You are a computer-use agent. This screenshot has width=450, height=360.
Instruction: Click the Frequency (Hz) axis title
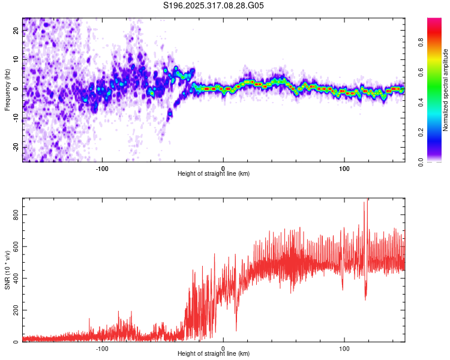(x=7, y=89)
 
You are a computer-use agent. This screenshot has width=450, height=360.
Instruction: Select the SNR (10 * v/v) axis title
(x=7, y=270)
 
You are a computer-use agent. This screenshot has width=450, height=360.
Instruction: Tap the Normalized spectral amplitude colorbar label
(x=446, y=90)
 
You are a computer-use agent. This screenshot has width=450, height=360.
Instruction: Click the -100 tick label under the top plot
(x=102, y=167)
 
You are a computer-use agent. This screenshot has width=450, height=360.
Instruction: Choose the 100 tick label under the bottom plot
(x=344, y=347)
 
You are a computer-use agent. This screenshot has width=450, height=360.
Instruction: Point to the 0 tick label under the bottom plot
(x=223, y=347)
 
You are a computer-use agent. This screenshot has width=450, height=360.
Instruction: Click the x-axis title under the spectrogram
(x=214, y=174)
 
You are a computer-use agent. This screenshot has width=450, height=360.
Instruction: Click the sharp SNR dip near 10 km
(x=236, y=329)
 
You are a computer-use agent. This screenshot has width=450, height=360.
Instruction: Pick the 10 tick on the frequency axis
(x=16, y=59)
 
